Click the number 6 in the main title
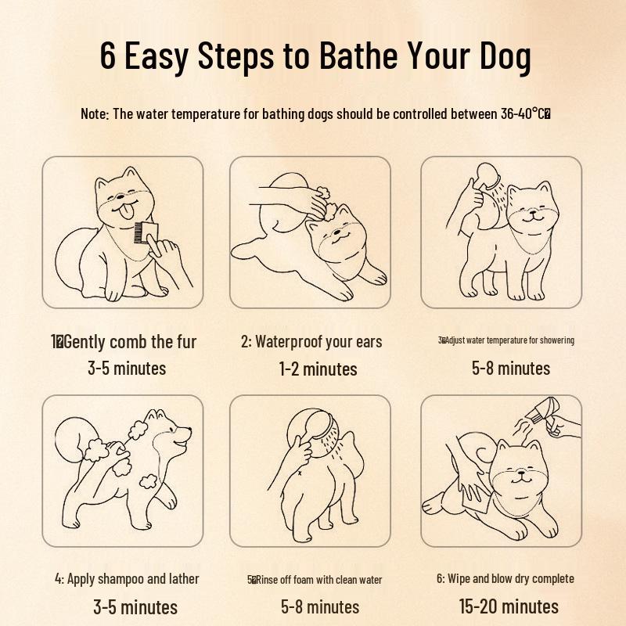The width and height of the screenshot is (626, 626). (108, 56)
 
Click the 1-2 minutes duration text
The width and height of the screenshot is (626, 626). (318, 369)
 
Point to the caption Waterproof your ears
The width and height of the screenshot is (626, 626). (311, 342)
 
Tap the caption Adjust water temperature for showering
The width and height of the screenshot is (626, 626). (506, 340)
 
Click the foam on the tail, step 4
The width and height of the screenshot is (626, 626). (99, 452)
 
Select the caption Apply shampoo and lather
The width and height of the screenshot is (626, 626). (127, 579)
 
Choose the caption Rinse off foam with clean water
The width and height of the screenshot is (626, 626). (315, 580)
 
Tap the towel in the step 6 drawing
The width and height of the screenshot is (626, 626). (472, 492)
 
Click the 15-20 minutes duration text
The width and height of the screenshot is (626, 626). (509, 606)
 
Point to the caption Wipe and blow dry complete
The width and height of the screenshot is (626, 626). (505, 579)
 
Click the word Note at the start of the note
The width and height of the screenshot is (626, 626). (94, 113)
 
